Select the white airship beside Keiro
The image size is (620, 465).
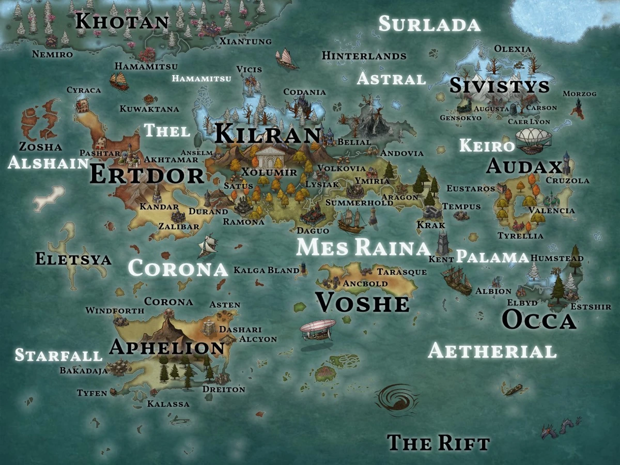pyautogui.click(x=533, y=138)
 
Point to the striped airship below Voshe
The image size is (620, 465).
pyautogui.click(x=317, y=330)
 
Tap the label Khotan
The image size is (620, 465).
pyautogui.click(x=122, y=22)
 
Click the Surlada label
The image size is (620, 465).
pyautogui.click(x=429, y=24)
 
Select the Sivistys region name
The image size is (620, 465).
pyautogui.click(x=499, y=86)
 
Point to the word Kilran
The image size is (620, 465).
pyautogui.click(x=268, y=134)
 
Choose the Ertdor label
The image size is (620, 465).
pyautogui.click(x=147, y=175)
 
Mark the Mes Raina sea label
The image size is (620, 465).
pyautogui.click(x=363, y=247)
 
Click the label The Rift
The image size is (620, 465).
pyautogui.click(x=438, y=443)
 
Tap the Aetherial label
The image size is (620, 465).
pyautogui.click(x=492, y=351)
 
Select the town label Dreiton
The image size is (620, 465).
pyautogui.click(x=224, y=389)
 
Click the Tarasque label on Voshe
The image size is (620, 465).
pyautogui.click(x=401, y=272)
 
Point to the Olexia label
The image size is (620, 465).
pyautogui.click(x=513, y=49)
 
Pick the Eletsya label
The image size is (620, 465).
pyautogui.click(x=73, y=258)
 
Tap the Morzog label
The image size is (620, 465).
pyautogui.click(x=579, y=94)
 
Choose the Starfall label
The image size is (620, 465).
pyautogui.click(x=58, y=355)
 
